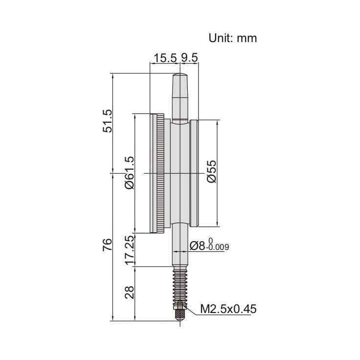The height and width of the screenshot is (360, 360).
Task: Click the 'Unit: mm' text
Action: click(232, 38)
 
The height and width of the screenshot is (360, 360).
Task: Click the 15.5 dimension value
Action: click(164, 58)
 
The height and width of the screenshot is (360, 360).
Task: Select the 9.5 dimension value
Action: click(189, 58)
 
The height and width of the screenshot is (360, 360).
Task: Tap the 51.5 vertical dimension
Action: click(107, 121)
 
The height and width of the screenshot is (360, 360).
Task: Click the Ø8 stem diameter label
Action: click(198, 246)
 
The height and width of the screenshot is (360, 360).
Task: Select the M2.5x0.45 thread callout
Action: click(228, 309)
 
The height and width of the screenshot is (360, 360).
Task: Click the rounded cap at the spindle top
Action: click(180, 78)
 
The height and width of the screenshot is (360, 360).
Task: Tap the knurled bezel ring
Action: click(160, 173)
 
